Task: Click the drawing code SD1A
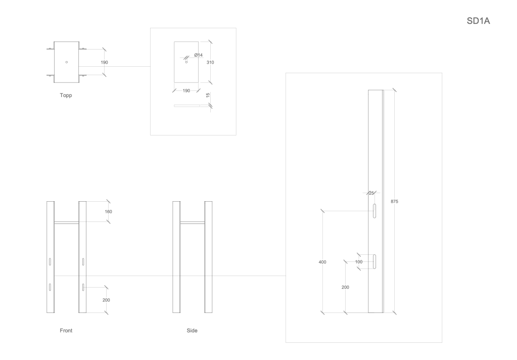click(x=479, y=21)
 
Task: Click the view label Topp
click(x=66, y=95)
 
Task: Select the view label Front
click(x=66, y=331)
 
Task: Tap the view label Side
click(x=192, y=331)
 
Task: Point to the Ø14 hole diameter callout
click(x=198, y=55)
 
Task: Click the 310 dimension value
click(x=210, y=62)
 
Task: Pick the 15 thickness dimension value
click(x=208, y=95)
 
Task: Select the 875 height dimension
click(x=394, y=201)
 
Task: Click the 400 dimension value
click(x=322, y=262)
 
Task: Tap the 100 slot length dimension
click(x=359, y=262)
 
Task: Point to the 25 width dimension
click(x=371, y=193)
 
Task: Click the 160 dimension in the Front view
click(x=108, y=211)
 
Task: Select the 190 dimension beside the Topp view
click(x=104, y=62)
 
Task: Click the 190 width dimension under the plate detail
click(x=186, y=91)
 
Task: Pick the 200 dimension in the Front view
click(x=106, y=300)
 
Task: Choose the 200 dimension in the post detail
click(x=346, y=287)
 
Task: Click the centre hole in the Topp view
click(x=66, y=62)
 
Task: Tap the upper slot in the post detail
click(x=375, y=211)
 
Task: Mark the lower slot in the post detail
click(x=375, y=261)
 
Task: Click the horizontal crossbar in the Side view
click(x=192, y=222)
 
